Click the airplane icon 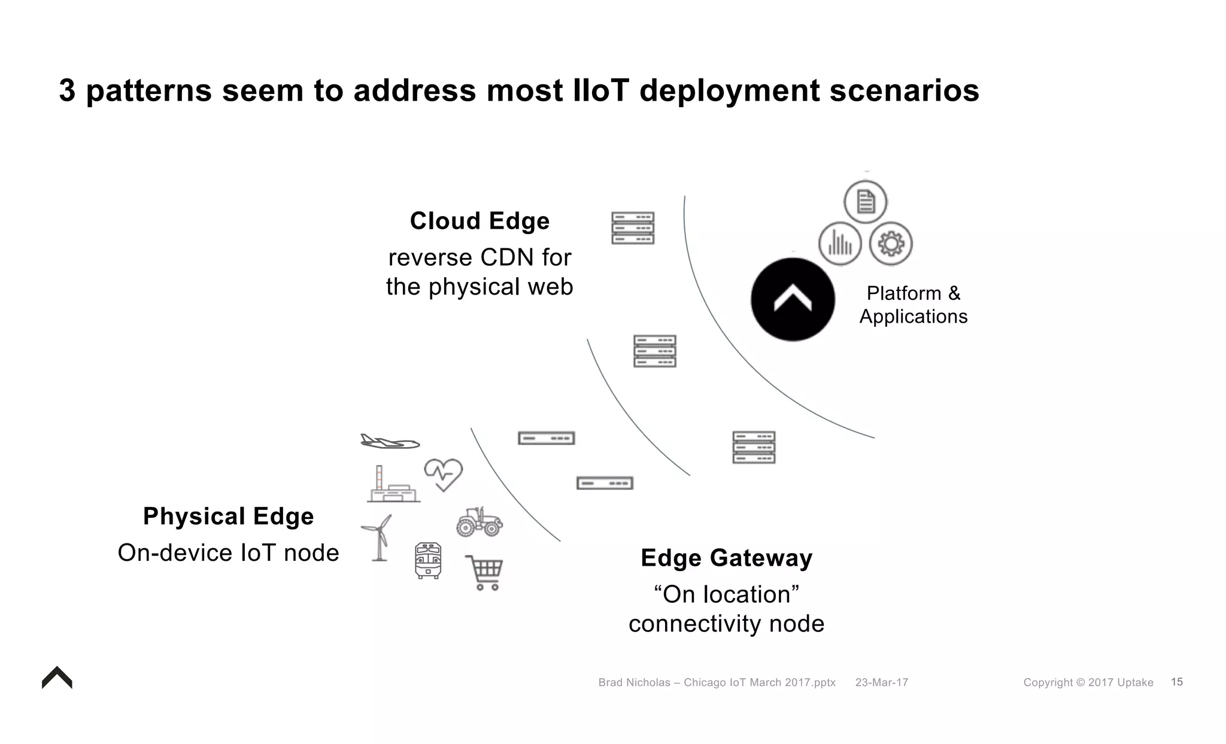coord(390,442)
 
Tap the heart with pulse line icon coord(444,474)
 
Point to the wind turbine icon coord(377,537)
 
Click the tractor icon coord(480,522)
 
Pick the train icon coord(428,560)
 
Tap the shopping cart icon coord(485,572)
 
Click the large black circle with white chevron coord(793,299)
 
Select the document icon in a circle coord(865,202)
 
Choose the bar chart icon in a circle coord(840,244)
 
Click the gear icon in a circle coord(891,244)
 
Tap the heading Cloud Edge coord(480,221)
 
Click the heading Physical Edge coord(228,516)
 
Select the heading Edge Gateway coord(726,558)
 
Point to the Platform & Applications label coord(914,305)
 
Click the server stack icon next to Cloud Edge coord(633,228)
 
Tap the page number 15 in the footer coord(1176,682)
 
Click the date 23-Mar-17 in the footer coord(881,682)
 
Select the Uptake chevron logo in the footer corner coord(57,678)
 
